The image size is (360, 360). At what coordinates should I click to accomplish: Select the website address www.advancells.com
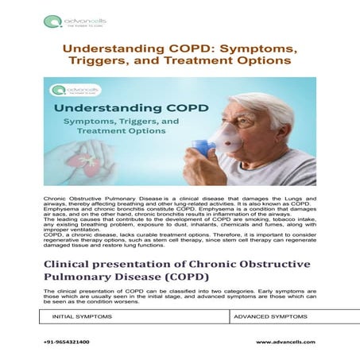[x=285, y=342]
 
